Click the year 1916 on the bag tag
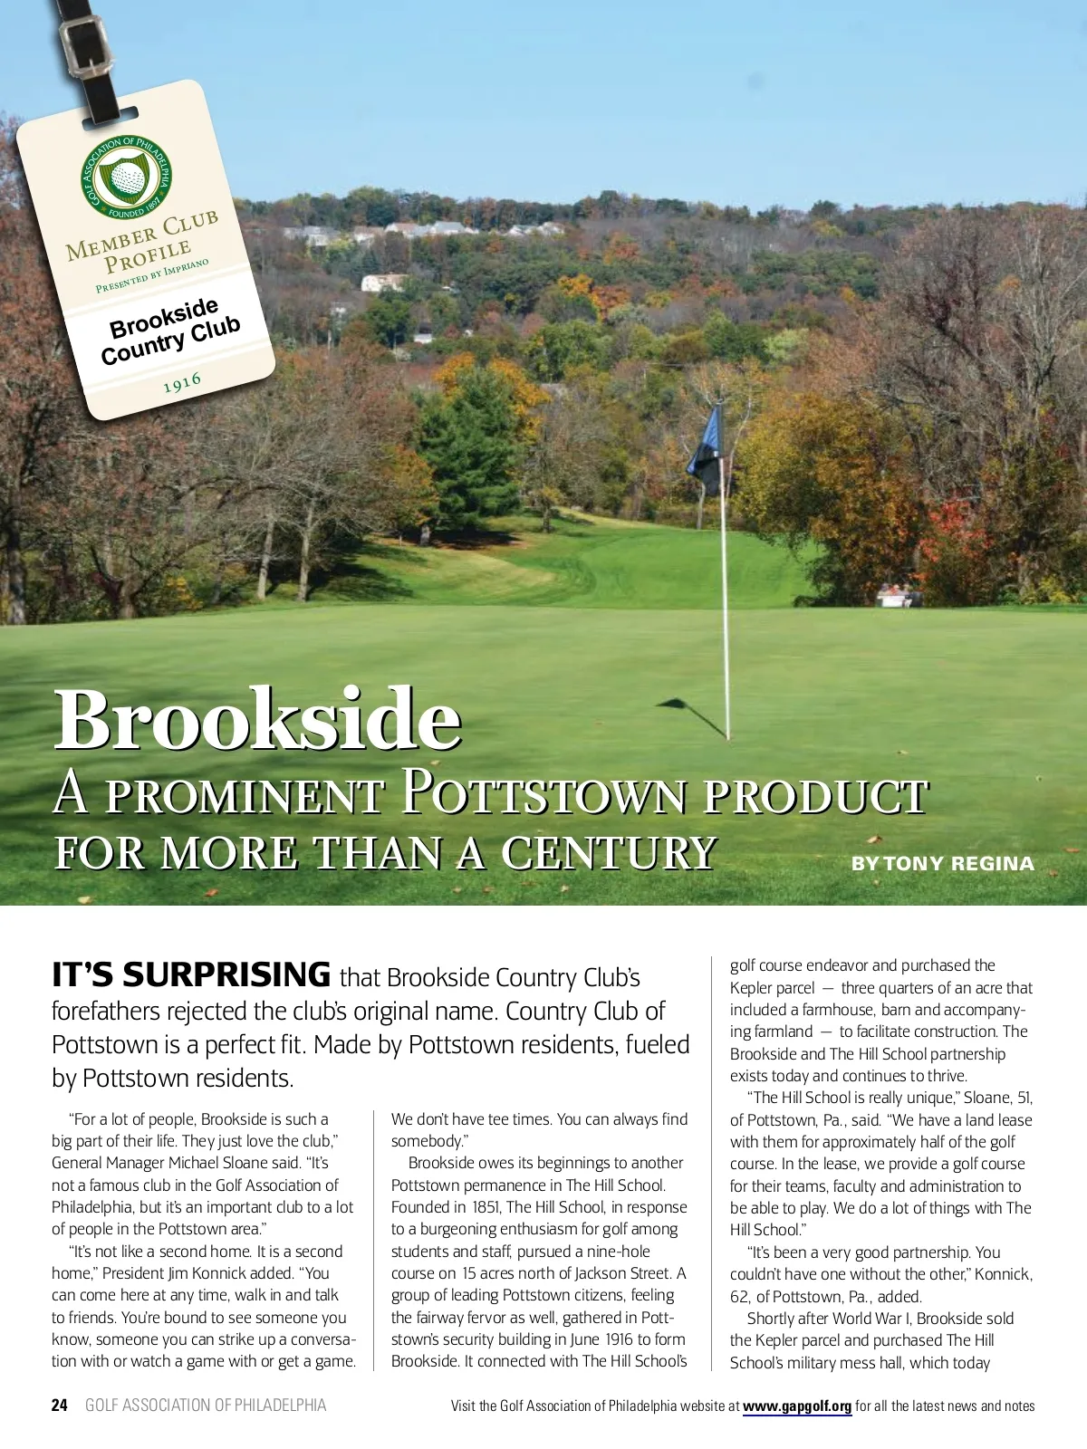tap(182, 383)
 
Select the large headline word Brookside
tap(258, 719)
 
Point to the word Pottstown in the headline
tap(544, 793)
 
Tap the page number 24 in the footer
tap(60, 1406)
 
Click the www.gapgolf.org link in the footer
tap(797, 1406)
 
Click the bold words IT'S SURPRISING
tap(191, 975)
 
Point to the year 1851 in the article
tap(486, 1207)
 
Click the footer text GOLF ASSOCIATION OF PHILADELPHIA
tap(206, 1406)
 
